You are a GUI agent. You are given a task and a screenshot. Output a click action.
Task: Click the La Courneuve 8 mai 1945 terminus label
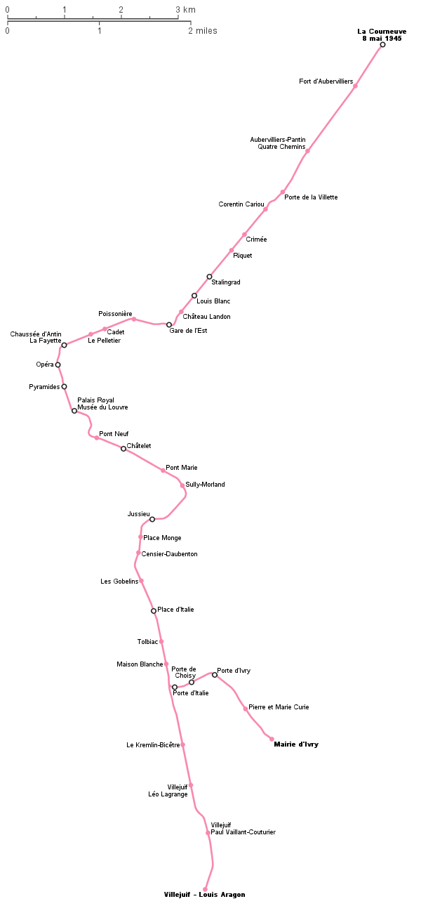382,35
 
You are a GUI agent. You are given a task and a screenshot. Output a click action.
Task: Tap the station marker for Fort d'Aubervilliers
355,86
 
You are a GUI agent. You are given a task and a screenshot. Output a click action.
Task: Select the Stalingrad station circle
209,277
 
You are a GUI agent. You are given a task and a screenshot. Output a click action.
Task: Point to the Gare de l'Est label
188,331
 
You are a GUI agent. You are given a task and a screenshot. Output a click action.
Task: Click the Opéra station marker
58,364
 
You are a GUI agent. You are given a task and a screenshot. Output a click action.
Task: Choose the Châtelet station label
139,446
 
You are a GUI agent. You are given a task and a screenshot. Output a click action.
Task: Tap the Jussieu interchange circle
152,519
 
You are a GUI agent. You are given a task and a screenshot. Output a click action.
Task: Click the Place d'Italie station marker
154,611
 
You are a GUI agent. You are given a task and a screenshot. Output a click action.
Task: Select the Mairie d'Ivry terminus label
296,744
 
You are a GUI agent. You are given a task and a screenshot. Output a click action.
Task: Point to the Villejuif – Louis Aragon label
204,895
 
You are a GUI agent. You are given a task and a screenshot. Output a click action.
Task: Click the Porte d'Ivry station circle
215,675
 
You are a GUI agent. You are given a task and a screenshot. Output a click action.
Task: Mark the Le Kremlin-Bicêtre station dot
183,744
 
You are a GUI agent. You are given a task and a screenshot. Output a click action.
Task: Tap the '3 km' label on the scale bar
186,9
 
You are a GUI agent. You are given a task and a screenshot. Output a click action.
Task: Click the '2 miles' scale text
202,31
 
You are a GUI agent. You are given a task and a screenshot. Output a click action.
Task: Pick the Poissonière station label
115,314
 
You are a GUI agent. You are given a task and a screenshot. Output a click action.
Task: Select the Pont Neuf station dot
97,438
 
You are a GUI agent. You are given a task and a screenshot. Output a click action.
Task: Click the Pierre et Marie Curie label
279,707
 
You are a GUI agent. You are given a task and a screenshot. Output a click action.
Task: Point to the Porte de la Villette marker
283,192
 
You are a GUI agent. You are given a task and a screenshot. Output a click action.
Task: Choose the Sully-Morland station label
205,485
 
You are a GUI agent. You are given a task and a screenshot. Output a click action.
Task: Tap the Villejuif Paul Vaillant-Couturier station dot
208,833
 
